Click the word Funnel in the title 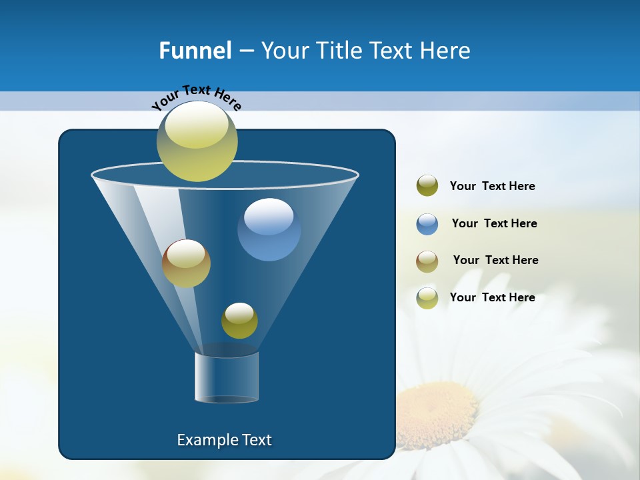click(x=195, y=51)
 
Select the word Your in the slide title click(x=285, y=51)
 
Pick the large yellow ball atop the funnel click(x=197, y=141)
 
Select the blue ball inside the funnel click(x=269, y=229)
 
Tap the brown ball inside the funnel click(x=186, y=263)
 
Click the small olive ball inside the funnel click(x=239, y=321)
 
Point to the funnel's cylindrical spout click(x=227, y=377)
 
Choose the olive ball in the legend click(x=427, y=186)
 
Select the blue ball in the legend click(x=427, y=224)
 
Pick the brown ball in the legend click(x=427, y=261)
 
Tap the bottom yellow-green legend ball click(x=427, y=298)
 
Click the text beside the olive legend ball click(x=492, y=186)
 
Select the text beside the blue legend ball click(x=494, y=223)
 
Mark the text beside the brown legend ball click(x=495, y=260)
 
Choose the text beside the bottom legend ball click(x=492, y=297)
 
